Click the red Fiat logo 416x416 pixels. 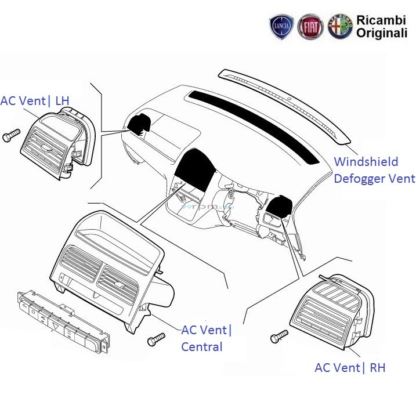click(310, 27)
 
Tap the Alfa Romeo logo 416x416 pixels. click(340, 27)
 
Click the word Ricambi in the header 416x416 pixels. click(381, 21)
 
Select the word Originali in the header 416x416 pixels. click(381, 34)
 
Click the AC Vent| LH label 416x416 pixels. click(35, 101)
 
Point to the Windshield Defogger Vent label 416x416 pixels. click(374, 170)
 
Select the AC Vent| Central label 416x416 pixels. click(206, 338)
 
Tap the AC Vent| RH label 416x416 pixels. click(350, 367)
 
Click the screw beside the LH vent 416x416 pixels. click(11, 135)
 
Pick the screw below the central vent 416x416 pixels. click(156, 340)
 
